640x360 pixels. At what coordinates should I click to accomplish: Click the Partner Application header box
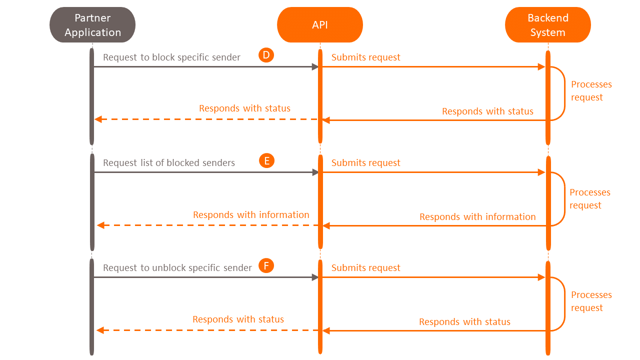coord(92,25)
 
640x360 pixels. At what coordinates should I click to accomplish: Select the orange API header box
coord(320,25)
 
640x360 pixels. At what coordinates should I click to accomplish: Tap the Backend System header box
coord(548,25)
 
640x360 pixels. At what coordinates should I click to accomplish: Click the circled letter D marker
coord(266,55)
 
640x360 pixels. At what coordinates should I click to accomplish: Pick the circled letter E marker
coord(266,160)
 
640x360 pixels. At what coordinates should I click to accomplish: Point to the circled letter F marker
coord(266,265)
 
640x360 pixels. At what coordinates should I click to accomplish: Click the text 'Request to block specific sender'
coord(171,57)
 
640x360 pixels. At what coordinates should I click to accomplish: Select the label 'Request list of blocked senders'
coord(169,163)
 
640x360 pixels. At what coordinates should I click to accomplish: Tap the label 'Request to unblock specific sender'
coord(177,268)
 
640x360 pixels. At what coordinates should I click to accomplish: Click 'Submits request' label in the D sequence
coord(365,57)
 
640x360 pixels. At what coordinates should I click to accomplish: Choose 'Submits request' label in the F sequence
coord(365,268)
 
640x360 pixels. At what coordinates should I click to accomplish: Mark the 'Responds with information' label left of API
coord(251,215)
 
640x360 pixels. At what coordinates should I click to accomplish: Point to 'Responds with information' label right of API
coord(477,217)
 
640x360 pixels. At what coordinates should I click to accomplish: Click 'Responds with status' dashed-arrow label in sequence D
coord(244,108)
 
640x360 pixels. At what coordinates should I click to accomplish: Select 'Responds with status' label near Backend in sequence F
coord(464,322)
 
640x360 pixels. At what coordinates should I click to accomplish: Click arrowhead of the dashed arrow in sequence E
coord(100,225)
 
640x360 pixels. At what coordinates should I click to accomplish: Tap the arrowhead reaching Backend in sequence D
coord(541,67)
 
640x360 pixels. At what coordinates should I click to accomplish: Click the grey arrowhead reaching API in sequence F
coord(315,277)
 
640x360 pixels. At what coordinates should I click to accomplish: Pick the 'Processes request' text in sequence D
coord(591,91)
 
